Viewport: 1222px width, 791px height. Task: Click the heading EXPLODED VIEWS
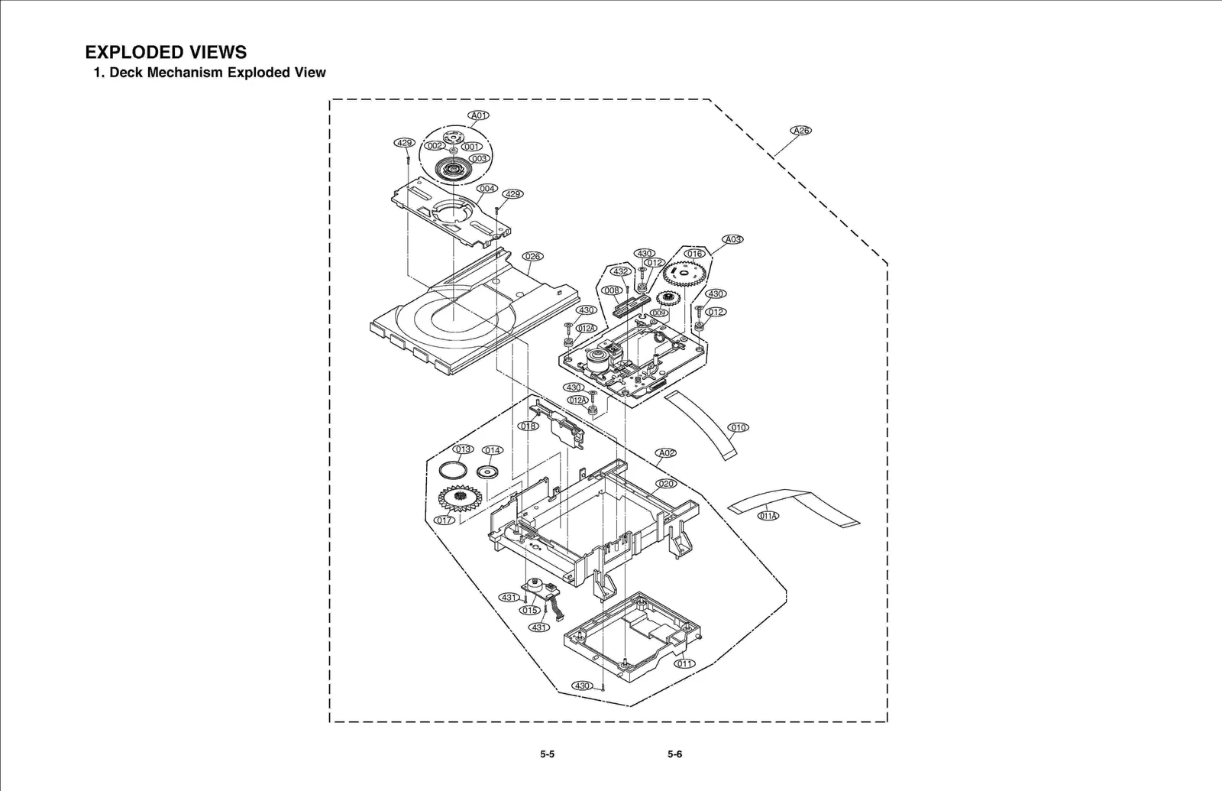(x=166, y=52)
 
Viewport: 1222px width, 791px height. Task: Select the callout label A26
(x=800, y=130)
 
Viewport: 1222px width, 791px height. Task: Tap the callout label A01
(x=478, y=115)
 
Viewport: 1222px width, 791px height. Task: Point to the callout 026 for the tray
(x=532, y=256)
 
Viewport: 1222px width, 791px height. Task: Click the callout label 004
(x=487, y=188)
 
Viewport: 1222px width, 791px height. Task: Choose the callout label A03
(x=732, y=239)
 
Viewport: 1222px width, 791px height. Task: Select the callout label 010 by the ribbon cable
(x=738, y=427)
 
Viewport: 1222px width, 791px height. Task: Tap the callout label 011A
(x=768, y=516)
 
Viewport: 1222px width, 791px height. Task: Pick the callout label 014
(x=493, y=450)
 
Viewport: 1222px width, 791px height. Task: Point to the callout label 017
(x=444, y=520)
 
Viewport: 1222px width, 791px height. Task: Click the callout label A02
(x=666, y=452)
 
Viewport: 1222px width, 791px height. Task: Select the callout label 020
(x=666, y=484)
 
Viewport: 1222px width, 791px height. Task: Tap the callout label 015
(x=529, y=610)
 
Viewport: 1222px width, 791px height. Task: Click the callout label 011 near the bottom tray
(x=684, y=663)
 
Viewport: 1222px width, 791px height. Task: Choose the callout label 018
(x=528, y=426)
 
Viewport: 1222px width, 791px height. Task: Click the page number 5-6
(x=674, y=754)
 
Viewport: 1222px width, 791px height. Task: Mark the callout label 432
(x=621, y=271)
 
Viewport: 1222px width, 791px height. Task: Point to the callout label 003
(x=479, y=159)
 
